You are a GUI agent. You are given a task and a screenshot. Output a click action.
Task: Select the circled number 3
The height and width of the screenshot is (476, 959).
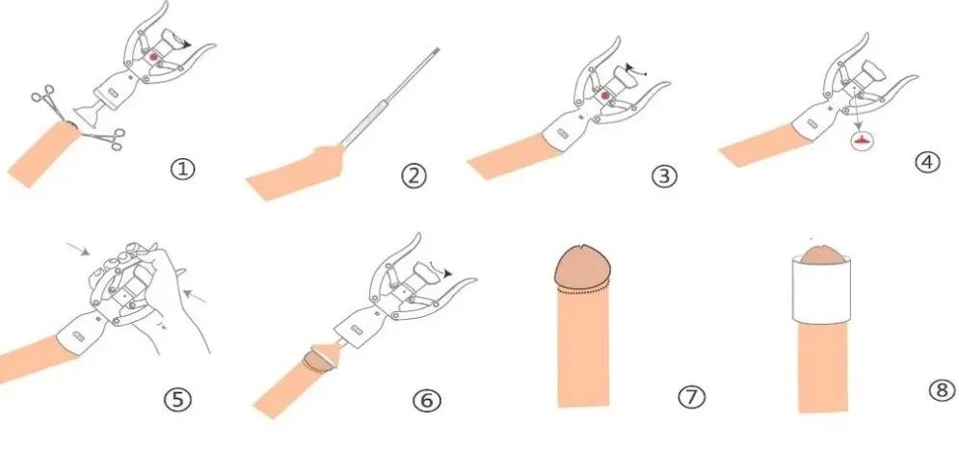pos(664,176)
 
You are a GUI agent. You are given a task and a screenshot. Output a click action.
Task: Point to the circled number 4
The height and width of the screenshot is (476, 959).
pos(927,162)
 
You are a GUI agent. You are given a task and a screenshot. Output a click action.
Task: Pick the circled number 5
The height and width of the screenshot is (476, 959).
pos(177,400)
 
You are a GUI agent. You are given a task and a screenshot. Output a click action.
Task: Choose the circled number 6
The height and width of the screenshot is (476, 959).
pos(426,401)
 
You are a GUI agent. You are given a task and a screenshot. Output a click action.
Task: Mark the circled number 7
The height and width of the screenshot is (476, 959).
pos(691,397)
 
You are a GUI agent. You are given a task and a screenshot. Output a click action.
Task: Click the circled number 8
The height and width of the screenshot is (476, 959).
pos(942,390)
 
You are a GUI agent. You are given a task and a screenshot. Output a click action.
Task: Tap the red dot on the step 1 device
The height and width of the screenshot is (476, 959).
pos(154,56)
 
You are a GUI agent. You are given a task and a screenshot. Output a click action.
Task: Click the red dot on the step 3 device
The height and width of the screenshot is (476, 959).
pos(605,95)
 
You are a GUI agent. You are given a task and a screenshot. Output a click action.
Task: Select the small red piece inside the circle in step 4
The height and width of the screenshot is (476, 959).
pos(863,141)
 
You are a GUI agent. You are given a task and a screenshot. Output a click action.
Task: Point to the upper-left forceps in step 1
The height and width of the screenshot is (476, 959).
pos(50,103)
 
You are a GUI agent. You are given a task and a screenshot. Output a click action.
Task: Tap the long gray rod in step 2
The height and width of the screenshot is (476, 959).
pos(389,98)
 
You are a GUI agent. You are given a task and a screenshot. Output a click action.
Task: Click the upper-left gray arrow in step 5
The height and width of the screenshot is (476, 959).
pos(78,249)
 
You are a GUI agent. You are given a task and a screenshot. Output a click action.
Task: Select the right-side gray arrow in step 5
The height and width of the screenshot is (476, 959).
pos(195,296)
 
